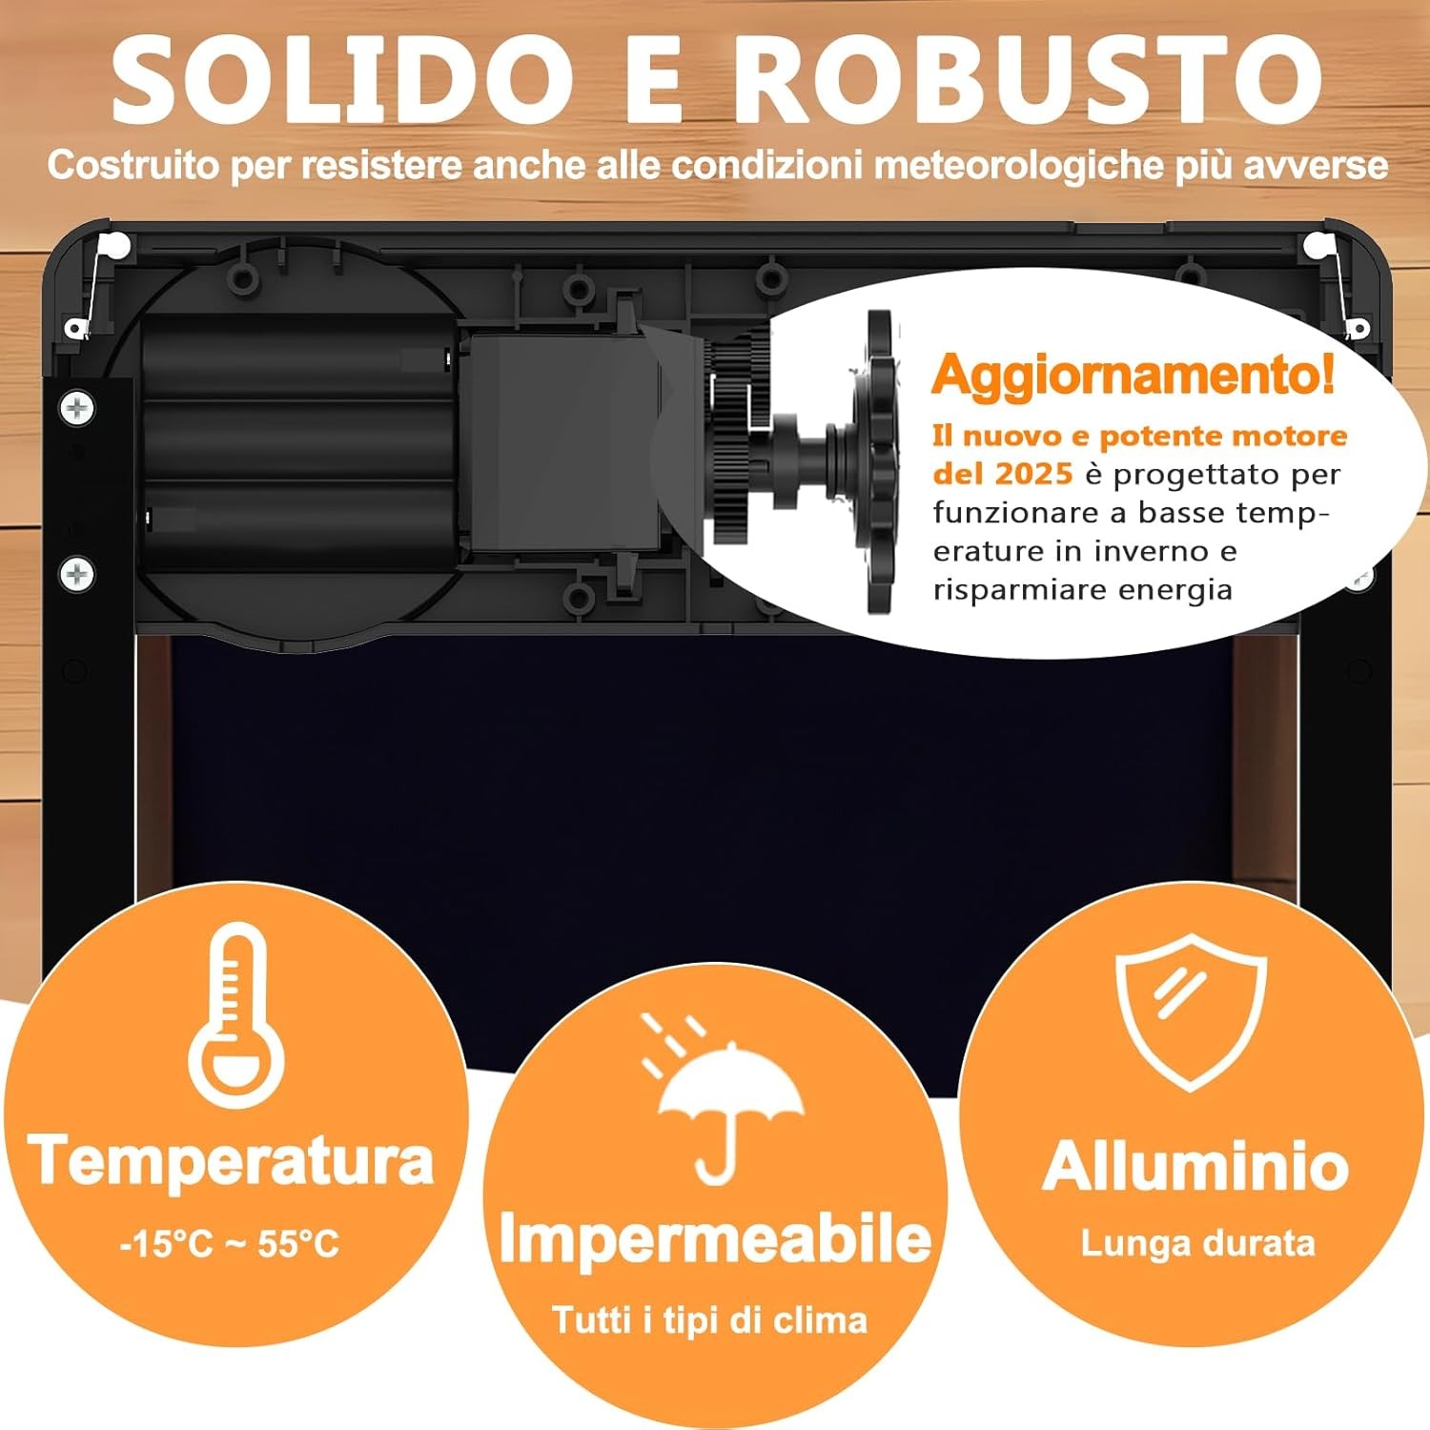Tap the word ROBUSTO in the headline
click(x=1028, y=81)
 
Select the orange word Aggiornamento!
click(x=1134, y=375)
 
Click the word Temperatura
click(x=232, y=1160)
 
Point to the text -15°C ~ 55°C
click(x=230, y=1244)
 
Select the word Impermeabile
click(x=715, y=1239)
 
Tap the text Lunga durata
click(x=1197, y=1243)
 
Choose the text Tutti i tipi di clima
click(x=710, y=1320)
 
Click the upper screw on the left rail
click(x=77, y=409)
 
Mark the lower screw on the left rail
click(x=77, y=574)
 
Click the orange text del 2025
click(x=1003, y=474)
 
